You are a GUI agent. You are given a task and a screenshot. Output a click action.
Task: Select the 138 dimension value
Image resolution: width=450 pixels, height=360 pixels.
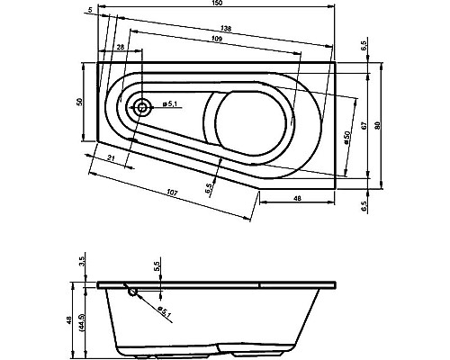227,31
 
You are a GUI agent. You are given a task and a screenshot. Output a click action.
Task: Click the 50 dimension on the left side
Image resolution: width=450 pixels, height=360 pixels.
80,102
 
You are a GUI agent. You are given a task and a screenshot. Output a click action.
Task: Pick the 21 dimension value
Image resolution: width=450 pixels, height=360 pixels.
110,159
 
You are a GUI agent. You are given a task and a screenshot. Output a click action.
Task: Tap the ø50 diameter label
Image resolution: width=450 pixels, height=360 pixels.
346,139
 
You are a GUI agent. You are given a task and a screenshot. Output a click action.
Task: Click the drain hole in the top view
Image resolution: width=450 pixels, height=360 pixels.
142,106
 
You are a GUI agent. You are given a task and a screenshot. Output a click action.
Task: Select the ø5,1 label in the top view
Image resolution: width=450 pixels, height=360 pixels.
173,106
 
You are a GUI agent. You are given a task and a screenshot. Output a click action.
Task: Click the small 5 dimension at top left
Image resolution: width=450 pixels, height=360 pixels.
90,10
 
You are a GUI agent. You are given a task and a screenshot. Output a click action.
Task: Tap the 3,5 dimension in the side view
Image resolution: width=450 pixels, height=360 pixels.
80,262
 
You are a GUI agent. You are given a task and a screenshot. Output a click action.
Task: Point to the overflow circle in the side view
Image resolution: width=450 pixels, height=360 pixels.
133,291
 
